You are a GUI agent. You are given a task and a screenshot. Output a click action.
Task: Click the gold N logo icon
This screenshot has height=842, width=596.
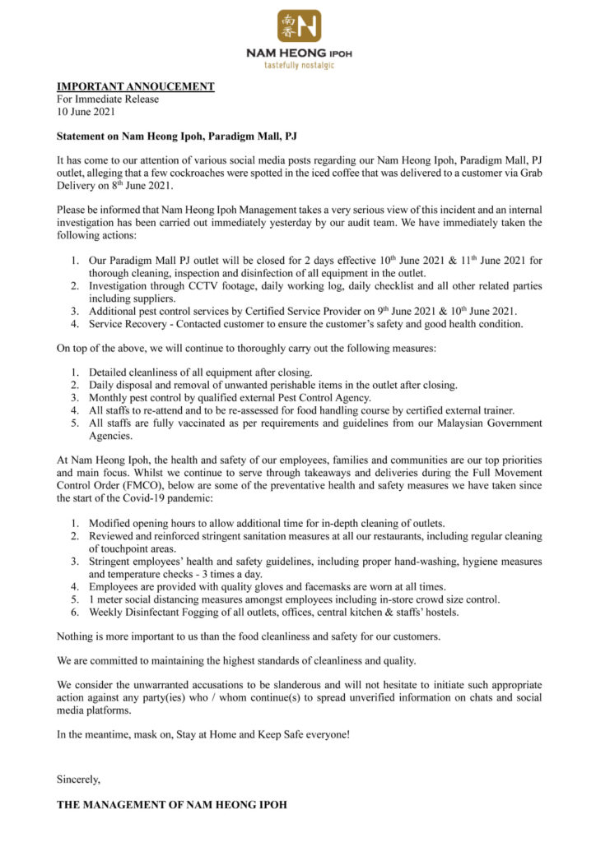(x=299, y=25)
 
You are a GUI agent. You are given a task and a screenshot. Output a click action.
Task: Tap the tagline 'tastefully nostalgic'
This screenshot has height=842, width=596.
(x=298, y=65)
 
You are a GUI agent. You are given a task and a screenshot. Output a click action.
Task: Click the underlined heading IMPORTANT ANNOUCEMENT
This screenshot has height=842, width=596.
(x=135, y=86)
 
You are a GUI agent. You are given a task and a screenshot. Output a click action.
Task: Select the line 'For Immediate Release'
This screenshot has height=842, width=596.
(x=108, y=99)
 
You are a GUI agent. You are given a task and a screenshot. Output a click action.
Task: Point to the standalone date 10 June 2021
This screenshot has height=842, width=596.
(x=86, y=111)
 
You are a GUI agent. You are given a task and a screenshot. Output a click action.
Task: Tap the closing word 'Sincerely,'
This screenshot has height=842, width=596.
(x=78, y=776)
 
